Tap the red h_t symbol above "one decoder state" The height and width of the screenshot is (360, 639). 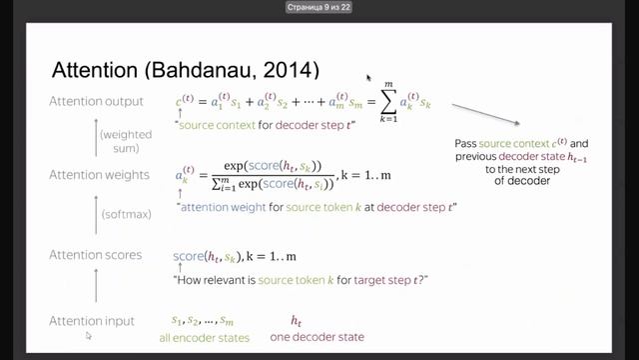(297, 321)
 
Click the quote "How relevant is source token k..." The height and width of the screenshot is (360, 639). (301, 279)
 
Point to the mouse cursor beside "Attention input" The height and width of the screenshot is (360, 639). (89, 336)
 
